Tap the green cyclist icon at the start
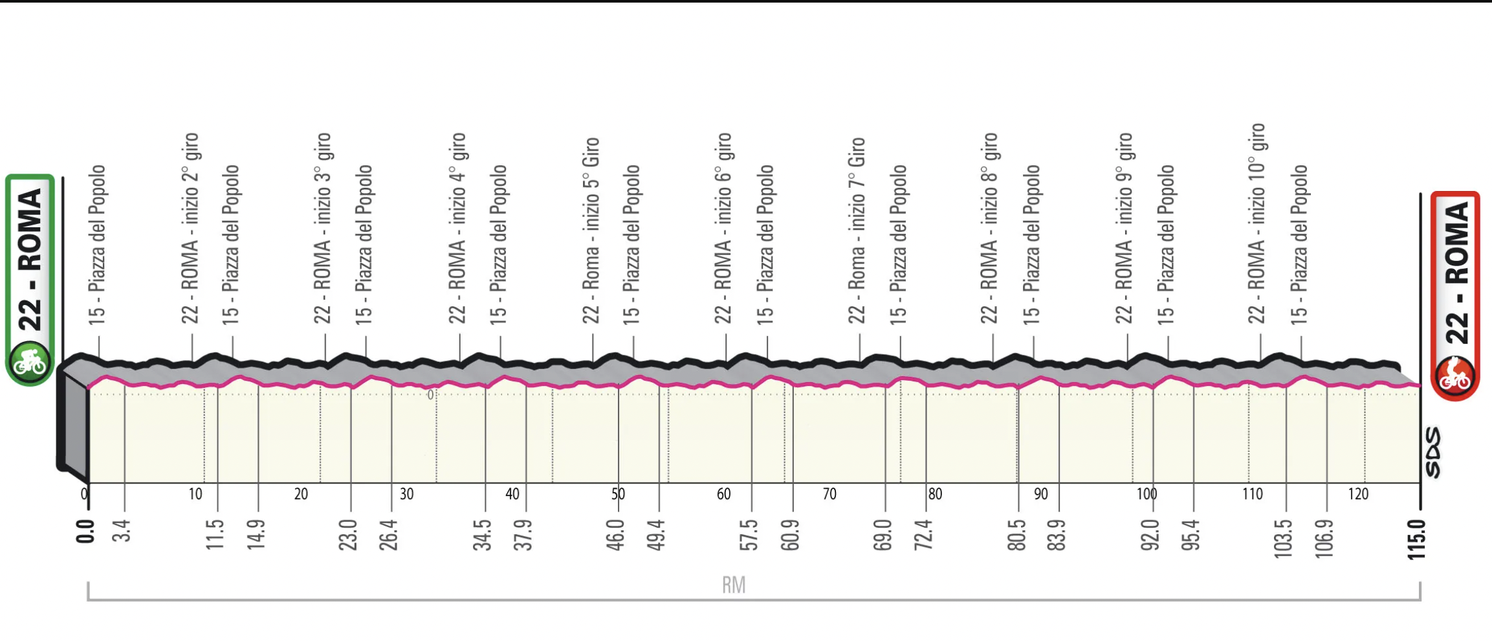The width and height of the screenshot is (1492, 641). pos(30,362)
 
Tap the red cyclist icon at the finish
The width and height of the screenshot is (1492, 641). pos(1455,377)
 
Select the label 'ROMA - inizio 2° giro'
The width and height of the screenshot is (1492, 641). pos(190,229)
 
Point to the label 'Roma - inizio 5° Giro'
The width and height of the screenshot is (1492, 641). pos(591,231)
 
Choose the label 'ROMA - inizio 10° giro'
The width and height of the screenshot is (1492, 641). pos(1256,223)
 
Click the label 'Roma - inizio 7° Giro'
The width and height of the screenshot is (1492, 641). pos(857,231)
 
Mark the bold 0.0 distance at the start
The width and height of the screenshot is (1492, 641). pos(85,532)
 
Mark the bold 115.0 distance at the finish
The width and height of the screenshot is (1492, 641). pos(1417,539)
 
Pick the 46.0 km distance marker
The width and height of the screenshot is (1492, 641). pos(615,535)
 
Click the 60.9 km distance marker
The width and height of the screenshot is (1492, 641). pos(790,535)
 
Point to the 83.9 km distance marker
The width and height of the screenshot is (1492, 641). pos(1057,535)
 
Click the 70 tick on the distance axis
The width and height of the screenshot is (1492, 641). pos(829,494)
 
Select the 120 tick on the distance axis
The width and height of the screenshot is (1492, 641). pos(1358,494)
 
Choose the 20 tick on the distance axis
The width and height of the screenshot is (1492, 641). pos(301,494)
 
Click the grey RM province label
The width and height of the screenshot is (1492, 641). pos(734,585)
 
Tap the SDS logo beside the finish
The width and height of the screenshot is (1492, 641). pos(1434,452)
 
